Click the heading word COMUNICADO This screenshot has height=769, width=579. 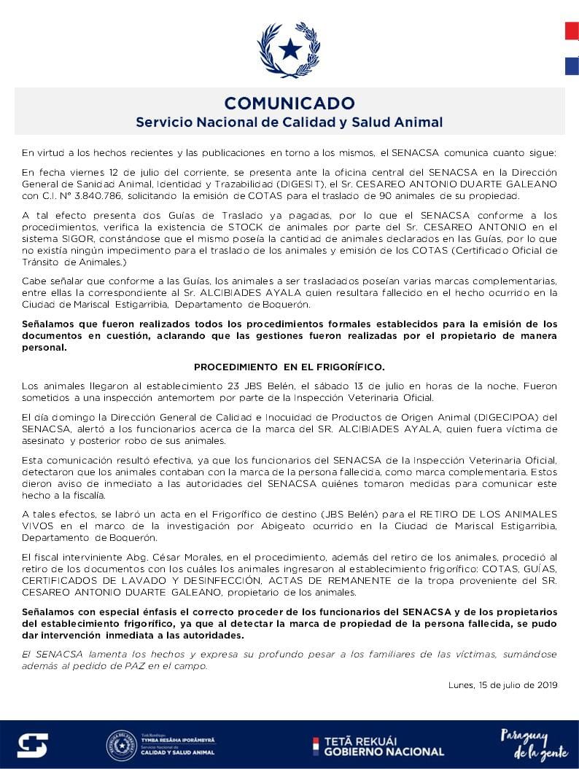coord(289,103)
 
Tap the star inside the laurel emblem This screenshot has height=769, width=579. coord(289,50)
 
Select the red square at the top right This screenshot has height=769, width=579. coord(572,31)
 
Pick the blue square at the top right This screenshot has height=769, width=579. coord(572,66)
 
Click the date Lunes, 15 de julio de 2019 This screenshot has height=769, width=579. coord(503,684)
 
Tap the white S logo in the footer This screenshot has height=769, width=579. coord(33,745)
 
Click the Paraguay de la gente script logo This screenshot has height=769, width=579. coord(524,744)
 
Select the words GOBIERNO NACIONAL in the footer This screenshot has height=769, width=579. coord(384,752)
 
